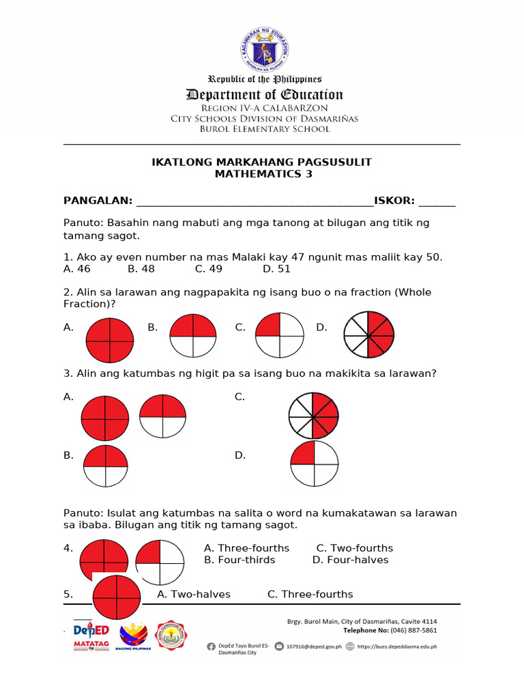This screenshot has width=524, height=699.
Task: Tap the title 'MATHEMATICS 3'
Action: tap(261, 174)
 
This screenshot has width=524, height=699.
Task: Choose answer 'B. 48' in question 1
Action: tap(141, 269)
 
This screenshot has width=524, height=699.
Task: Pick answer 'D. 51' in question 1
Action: tap(276, 269)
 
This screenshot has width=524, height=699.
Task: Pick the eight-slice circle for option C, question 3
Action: tap(313, 415)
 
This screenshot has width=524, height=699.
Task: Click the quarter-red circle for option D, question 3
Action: tap(314, 463)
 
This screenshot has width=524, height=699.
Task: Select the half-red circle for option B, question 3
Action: tap(105, 466)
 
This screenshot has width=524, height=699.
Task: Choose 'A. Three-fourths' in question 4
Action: tap(246, 548)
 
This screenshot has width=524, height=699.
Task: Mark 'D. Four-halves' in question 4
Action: tap(350, 560)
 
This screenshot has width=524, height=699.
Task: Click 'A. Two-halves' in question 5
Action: tap(194, 595)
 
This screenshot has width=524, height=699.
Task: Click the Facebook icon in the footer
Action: tap(211, 646)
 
